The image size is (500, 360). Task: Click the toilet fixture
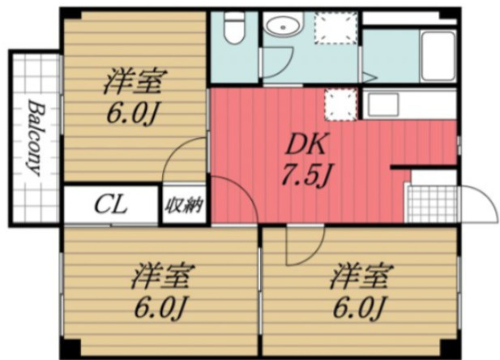pyautogui.click(x=234, y=28)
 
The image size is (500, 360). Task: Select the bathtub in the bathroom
pyautogui.click(x=438, y=57)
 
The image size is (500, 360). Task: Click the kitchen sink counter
pyautogui.click(x=409, y=105)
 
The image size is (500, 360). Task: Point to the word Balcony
pyautogui.click(x=34, y=138)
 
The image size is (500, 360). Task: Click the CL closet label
pyautogui.click(x=110, y=205)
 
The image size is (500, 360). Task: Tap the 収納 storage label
pyautogui.click(x=183, y=205)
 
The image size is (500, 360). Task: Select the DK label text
pyautogui.click(x=306, y=145)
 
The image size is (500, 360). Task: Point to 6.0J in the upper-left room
pyautogui.click(x=132, y=114)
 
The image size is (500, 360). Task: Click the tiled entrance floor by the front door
pyautogui.click(x=433, y=204)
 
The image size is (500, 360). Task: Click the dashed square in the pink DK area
pyautogui.click(x=340, y=105)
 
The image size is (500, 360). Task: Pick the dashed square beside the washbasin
pyautogui.click(x=335, y=28)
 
